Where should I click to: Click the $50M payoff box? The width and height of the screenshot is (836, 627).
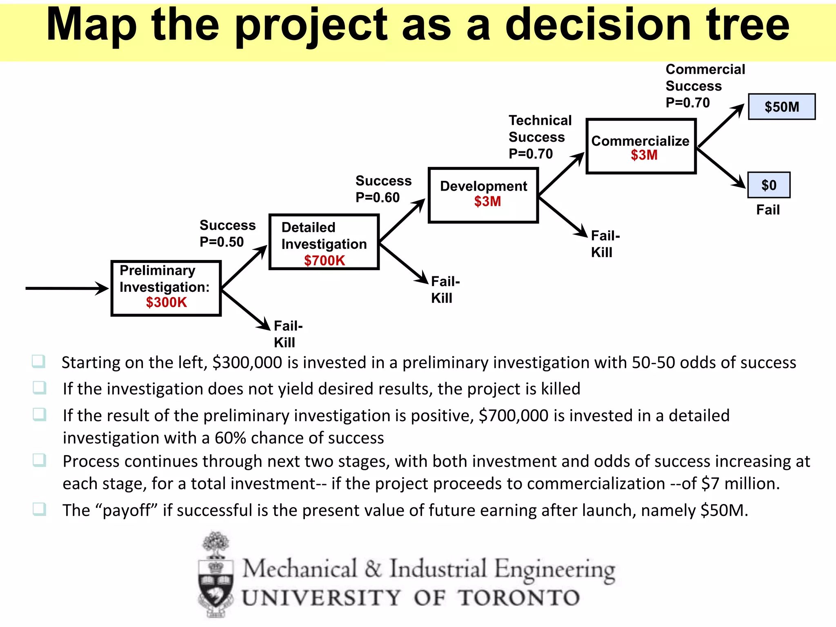pyautogui.click(x=781, y=107)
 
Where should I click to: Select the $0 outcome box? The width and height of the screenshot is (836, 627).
pyautogui.click(x=769, y=185)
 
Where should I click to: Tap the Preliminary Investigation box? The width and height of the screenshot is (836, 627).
pyautogui.click(x=166, y=288)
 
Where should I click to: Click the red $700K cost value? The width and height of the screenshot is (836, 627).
pyautogui.click(x=325, y=260)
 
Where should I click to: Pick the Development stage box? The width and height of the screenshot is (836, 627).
pyautogui.click(x=483, y=195)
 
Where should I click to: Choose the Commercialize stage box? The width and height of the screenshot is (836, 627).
pyautogui.click(x=641, y=146)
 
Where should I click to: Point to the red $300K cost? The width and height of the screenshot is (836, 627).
pyautogui.click(x=166, y=302)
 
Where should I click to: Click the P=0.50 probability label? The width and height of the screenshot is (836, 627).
pyautogui.click(x=222, y=242)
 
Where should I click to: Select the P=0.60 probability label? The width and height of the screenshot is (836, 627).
pyautogui.click(x=378, y=198)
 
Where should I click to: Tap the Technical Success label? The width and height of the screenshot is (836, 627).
pyautogui.click(x=540, y=129)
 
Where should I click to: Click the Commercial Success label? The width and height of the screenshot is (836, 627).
pyautogui.click(x=705, y=78)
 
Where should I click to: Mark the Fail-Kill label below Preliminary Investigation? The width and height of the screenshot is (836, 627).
pyautogui.click(x=288, y=334)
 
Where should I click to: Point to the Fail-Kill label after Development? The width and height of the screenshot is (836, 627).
pyautogui.click(x=605, y=244)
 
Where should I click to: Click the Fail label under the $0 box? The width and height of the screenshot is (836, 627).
pyautogui.click(x=768, y=210)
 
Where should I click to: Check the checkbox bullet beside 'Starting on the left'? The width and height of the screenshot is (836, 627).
pyautogui.click(x=39, y=361)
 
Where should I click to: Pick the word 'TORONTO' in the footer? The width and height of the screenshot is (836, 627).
pyautogui.click(x=518, y=598)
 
